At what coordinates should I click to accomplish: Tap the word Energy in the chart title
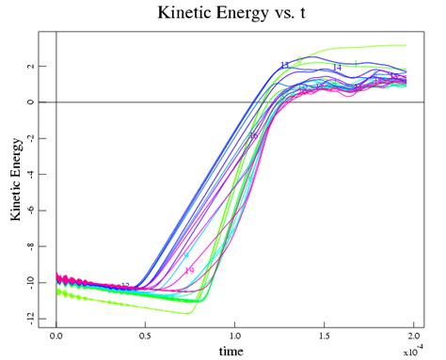click(247, 12)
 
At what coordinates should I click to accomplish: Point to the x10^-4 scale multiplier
click(411, 352)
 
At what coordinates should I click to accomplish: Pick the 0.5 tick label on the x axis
click(146, 335)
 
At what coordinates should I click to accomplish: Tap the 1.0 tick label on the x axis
click(235, 335)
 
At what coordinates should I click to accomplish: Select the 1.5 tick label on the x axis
click(325, 335)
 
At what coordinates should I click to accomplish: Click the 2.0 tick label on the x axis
click(413, 335)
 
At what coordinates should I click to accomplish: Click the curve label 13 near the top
click(284, 65)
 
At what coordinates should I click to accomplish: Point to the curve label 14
click(336, 68)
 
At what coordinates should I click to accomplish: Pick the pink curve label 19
click(189, 271)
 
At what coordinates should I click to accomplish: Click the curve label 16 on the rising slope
click(252, 135)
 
